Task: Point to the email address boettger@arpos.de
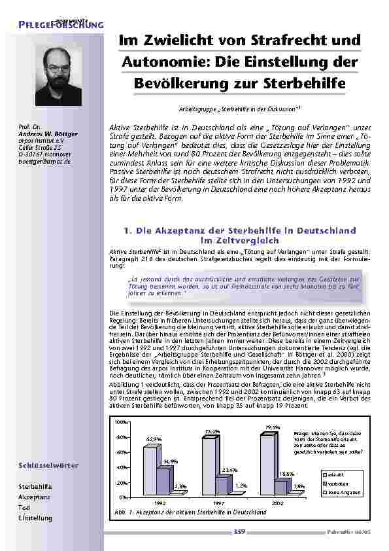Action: (x=44, y=160)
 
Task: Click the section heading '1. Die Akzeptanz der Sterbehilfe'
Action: (x=239, y=231)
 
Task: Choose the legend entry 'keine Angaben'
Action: (x=341, y=491)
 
